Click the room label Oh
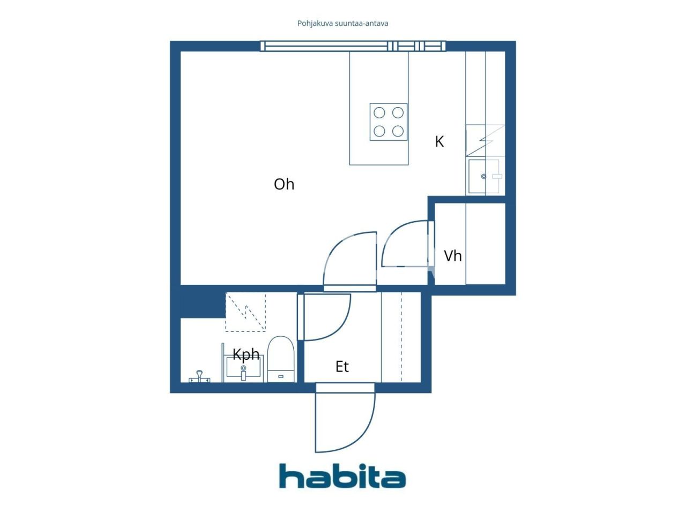[284, 184]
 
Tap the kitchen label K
[439, 141]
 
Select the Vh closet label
[453, 256]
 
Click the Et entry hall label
[342, 367]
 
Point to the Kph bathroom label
[246, 354]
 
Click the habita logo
[342, 476]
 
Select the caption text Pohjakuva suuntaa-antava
[343, 23]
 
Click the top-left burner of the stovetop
[379, 113]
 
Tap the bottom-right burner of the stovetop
[398, 131]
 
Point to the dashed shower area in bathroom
[245, 312]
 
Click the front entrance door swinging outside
[345, 418]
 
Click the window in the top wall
[353, 47]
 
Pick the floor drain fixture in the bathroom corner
[199, 376]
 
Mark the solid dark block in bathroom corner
[202, 302]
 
